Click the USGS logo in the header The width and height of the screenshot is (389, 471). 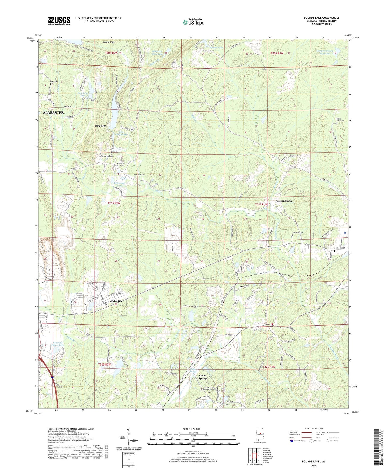coord(59,21)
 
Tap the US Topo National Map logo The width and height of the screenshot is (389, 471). coord(193,22)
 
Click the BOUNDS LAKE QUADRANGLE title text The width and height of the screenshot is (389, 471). coord(322,18)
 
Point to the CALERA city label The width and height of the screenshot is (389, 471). coord(115,301)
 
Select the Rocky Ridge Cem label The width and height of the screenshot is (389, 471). coord(338,121)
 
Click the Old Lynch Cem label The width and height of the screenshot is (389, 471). coord(139,175)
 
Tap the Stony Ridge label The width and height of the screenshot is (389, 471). coord(100,126)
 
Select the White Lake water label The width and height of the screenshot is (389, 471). coord(119,183)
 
